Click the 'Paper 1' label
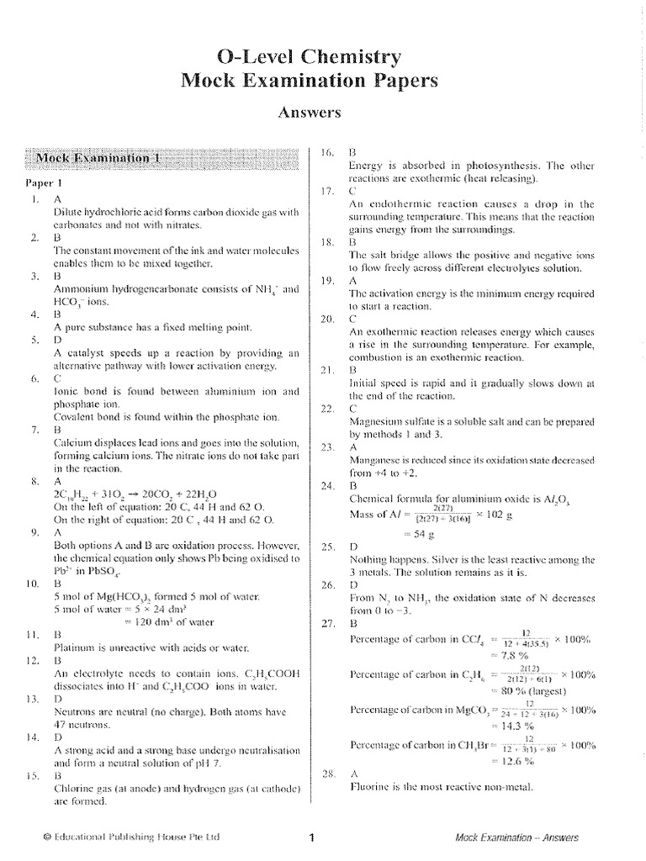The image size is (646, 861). pos(40,182)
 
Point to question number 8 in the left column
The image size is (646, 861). pos(34,483)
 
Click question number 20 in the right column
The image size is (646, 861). pos(327,319)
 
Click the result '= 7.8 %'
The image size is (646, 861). pos(492,654)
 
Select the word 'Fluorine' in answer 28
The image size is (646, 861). pos(369,788)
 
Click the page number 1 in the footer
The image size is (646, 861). pos(311,837)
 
